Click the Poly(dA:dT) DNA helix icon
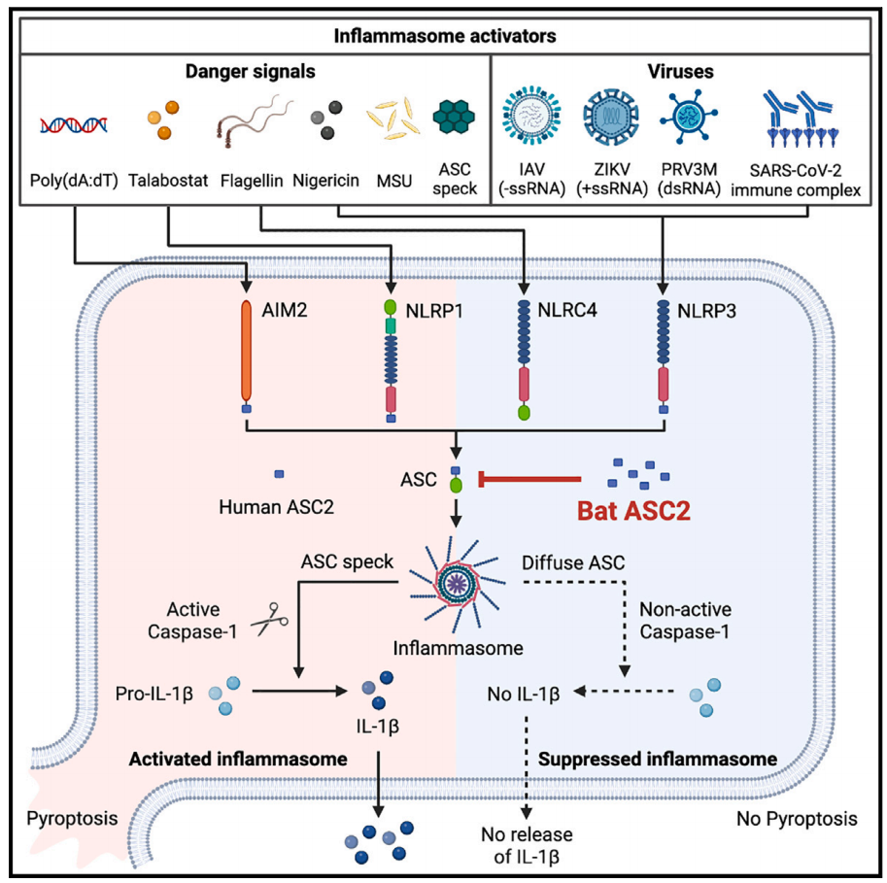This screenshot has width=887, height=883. point(74,123)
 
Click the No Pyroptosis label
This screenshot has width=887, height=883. point(797,819)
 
